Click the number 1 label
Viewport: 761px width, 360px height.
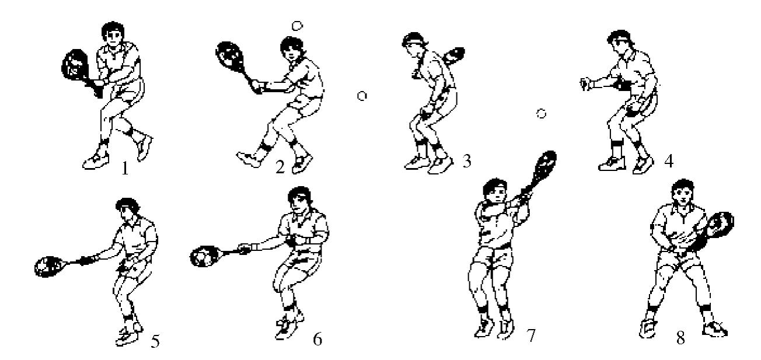125,168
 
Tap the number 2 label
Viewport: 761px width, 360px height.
280,167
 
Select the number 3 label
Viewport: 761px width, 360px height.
467,161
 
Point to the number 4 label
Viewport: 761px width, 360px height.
669,161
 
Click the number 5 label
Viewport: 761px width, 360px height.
155,341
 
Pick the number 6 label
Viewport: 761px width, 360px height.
317,339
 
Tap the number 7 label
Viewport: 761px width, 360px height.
530,335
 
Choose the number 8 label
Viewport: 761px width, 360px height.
680,338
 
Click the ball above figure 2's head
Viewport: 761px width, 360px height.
297,26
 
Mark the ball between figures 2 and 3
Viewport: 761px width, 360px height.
362,96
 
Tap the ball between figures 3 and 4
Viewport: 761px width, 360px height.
541,113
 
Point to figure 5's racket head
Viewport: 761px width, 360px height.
49,266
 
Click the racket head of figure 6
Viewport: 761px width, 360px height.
204,256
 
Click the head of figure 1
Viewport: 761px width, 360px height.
113,34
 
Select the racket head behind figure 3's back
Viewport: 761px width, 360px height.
455,56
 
